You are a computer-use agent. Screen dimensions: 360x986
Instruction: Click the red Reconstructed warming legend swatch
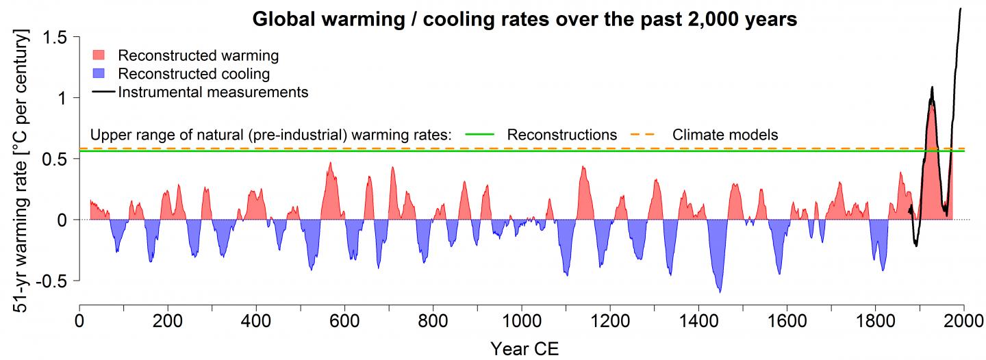click(99, 55)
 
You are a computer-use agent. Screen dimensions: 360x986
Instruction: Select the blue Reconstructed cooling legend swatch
click(99, 73)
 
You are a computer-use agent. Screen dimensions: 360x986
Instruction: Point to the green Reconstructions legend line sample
click(481, 135)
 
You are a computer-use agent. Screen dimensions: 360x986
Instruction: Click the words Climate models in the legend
click(725, 135)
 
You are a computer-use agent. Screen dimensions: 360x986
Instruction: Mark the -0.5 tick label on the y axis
click(54, 281)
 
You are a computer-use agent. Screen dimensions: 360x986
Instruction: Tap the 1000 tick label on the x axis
click(522, 320)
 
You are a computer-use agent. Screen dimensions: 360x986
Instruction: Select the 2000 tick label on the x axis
click(963, 320)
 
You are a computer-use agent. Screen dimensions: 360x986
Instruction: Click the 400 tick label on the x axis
click(256, 320)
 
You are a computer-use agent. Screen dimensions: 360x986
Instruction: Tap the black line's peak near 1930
click(932, 88)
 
